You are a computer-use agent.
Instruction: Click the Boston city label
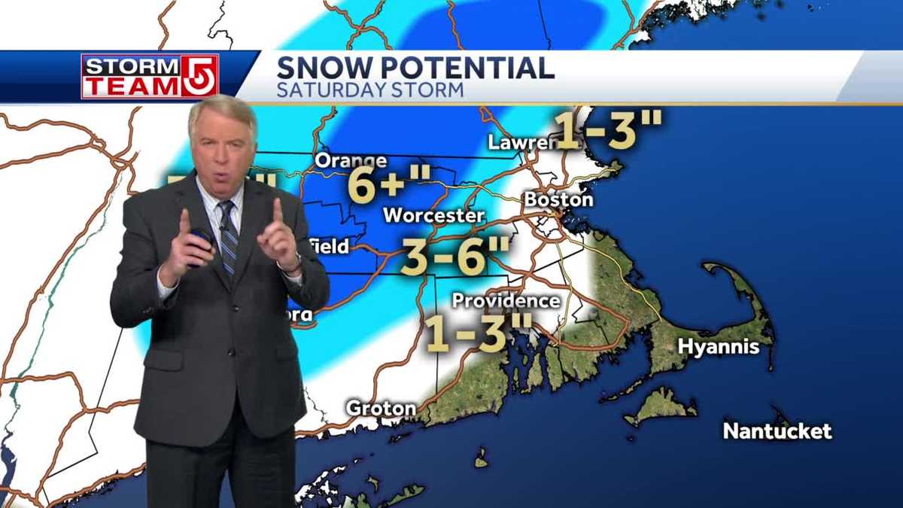coord(558,200)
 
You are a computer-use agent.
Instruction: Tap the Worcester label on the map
coord(433,215)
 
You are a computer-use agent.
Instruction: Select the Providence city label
coord(506,301)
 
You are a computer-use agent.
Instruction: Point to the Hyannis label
coord(717,348)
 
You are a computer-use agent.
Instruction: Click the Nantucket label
coord(777,431)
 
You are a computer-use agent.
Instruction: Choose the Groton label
coord(381,409)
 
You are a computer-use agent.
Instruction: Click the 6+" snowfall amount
coord(389,184)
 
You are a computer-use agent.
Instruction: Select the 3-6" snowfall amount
coord(456,256)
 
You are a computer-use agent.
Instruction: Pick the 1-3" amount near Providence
coord(479,333)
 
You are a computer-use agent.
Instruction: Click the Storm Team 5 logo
coord(150,77)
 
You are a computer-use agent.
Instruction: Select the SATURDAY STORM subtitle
coord(369,90)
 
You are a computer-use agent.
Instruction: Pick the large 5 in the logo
coord(198,77)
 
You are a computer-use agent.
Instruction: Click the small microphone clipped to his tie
coord(223,227)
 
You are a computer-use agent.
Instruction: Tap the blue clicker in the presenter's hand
coord(201,243)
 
